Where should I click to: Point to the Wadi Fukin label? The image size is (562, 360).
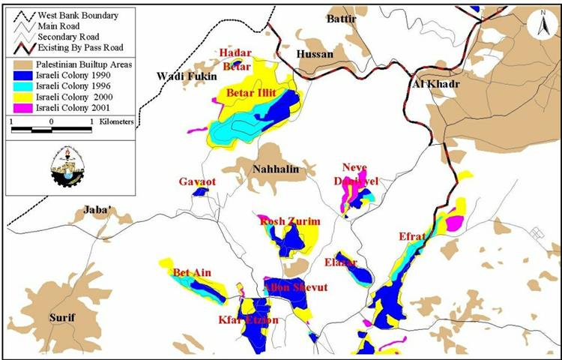(x=186, y=76)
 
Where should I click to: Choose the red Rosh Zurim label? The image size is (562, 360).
(x=289, y=221)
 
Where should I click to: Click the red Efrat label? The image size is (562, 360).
(x=412, y=237)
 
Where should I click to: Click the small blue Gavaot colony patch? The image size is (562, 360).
(x=200, y=192)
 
